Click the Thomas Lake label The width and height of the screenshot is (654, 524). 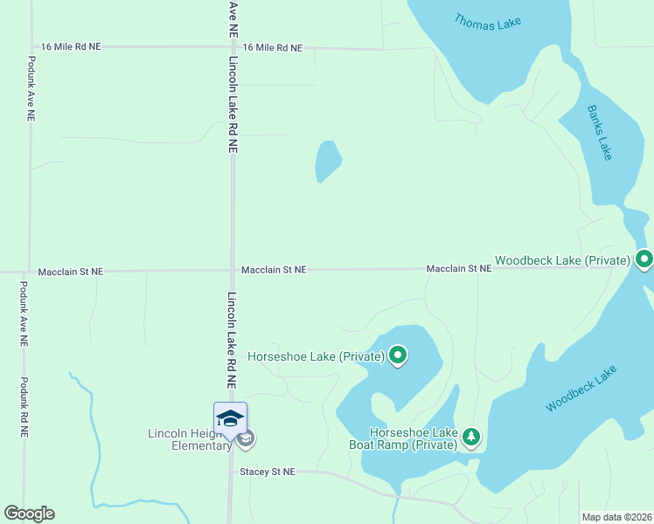click(487, 22)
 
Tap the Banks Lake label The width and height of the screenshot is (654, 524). click(601, 132)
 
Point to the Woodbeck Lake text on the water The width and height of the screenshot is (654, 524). click(581, 389)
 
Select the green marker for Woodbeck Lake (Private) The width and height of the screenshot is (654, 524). click(644, 259)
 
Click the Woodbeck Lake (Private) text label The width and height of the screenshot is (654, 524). click(562, 260)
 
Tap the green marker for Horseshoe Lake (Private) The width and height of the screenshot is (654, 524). click(398, 355)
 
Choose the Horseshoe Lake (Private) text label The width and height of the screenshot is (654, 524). click(316, 356)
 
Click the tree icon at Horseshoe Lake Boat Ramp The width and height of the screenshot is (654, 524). click(471, 437)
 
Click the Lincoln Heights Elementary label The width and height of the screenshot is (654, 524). click(189, 438)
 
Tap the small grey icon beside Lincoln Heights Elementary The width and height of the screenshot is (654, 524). click(246, 438)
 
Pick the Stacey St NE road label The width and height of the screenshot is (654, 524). click(268, 472)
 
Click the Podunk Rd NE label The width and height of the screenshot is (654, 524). click(24, 407)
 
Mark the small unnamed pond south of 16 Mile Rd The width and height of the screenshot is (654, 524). click(327, 161)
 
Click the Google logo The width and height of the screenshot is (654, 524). click(29, 514)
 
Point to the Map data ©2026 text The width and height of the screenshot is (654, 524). click(616, 517)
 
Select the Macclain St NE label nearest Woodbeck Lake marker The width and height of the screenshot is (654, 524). click(459, 269)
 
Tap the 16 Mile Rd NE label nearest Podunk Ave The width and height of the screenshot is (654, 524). click(71, 46)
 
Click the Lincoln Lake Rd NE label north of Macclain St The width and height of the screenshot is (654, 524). click(233, 105)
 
